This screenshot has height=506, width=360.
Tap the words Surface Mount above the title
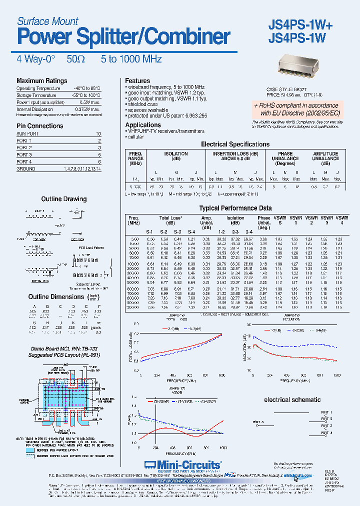(x=47, y=21)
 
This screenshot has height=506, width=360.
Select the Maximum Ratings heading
(x=41, y=81)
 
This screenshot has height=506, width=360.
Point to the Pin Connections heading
(x=39, y=126)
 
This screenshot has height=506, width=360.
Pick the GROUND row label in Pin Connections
(x=26, y=169)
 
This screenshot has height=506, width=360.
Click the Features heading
(x=137, y=80)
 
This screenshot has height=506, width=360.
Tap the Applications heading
(x=143, y=125)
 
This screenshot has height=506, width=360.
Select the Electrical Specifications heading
(x=235, y=144)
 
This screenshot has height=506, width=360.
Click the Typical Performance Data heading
(x=235, y=208)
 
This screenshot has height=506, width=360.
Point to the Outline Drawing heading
(x=64, y=199)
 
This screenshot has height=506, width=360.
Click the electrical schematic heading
(x=292, y=400)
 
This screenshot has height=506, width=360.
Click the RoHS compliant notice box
(x=296, y=109)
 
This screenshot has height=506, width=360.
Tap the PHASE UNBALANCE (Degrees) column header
(x=285, y=158)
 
